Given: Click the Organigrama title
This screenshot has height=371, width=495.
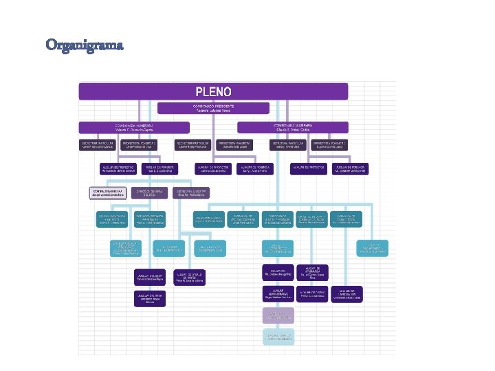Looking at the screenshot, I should [x=85, y=45].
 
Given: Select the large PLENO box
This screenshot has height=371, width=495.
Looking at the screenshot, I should [x=213, y=91].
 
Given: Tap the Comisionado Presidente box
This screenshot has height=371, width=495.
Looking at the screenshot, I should [x=213, y=108].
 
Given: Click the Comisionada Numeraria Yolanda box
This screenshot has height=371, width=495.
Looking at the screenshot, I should [x=133, y=127].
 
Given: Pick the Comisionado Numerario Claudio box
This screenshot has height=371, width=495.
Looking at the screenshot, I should [x=293, y=127].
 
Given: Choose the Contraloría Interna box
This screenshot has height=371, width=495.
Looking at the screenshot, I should [x=107, y=193].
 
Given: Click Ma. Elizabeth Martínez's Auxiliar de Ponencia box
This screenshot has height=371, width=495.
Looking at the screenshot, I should [x=350, y=168].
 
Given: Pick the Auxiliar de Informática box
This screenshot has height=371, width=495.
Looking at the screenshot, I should [x=311, y=273].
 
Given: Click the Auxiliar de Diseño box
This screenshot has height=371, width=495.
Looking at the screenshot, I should [x=311, y=294].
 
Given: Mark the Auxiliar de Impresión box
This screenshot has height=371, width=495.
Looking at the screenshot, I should [x=347, y=294].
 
